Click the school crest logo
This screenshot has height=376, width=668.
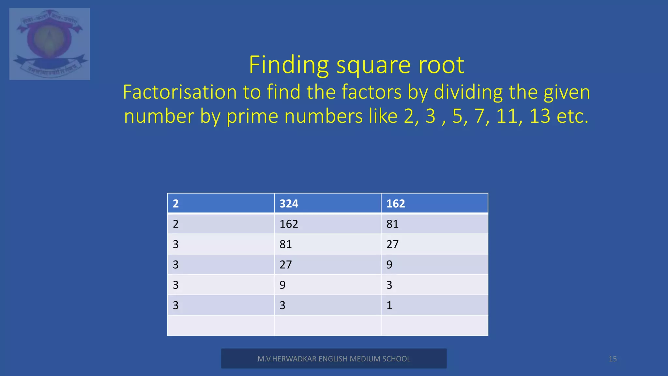pos(50,44)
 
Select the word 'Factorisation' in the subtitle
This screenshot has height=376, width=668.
pos(180,92)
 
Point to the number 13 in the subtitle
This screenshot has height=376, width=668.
pos(539,116)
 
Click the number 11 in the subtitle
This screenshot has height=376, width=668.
pos(507,116)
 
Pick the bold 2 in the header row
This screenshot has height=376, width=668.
pos(175,204)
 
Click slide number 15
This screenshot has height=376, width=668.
pos(613,359)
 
